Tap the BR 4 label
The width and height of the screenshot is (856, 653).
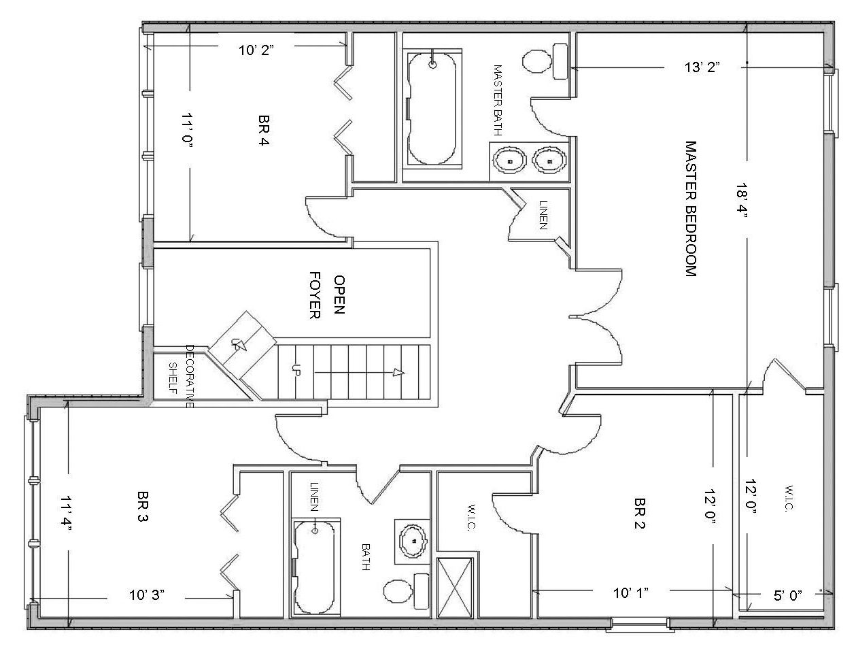pyautogui.click(x=264, y=130)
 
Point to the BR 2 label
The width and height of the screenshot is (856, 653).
pyautogui.click(x=640, y=513)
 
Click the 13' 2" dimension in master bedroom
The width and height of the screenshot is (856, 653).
pyautogui.click(x=702, y=67)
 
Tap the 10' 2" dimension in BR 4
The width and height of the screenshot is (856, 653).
pyautogui.click(x=256, y=50)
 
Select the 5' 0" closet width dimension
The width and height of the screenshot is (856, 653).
pyautogui.click(x=788, y=596)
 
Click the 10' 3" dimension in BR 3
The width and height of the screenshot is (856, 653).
pyautogui.click(x=147, y=595)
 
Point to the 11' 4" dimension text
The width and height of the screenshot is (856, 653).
pyautogui.click(x=67, y=514)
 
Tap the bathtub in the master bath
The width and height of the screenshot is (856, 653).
pyautogui.click(x=432, y=108)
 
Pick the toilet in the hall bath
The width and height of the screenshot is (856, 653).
pyautogui.click(x=407, y=591)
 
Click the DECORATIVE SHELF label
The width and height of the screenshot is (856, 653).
pyautogui.click(x=181, y=376)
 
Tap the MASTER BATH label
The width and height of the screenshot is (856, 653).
pyautogui.click(x=497, y=100)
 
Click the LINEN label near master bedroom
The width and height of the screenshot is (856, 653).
pyautogui.click(x=543, y=215)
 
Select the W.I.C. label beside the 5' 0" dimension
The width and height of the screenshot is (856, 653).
pyautogui.click(x=788, y=498)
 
